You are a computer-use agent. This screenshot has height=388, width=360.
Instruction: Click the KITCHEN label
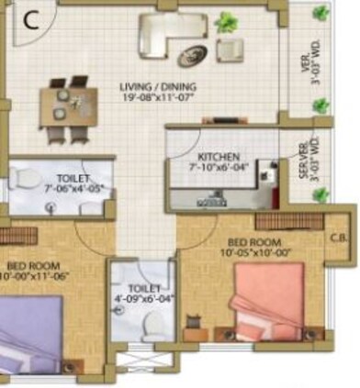click(218, 157)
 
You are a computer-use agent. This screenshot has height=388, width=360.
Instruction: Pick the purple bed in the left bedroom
click(28, 331)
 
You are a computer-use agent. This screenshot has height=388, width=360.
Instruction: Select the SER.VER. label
click(303, 158)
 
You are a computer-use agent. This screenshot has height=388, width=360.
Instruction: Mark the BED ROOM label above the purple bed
click(28, 267)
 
